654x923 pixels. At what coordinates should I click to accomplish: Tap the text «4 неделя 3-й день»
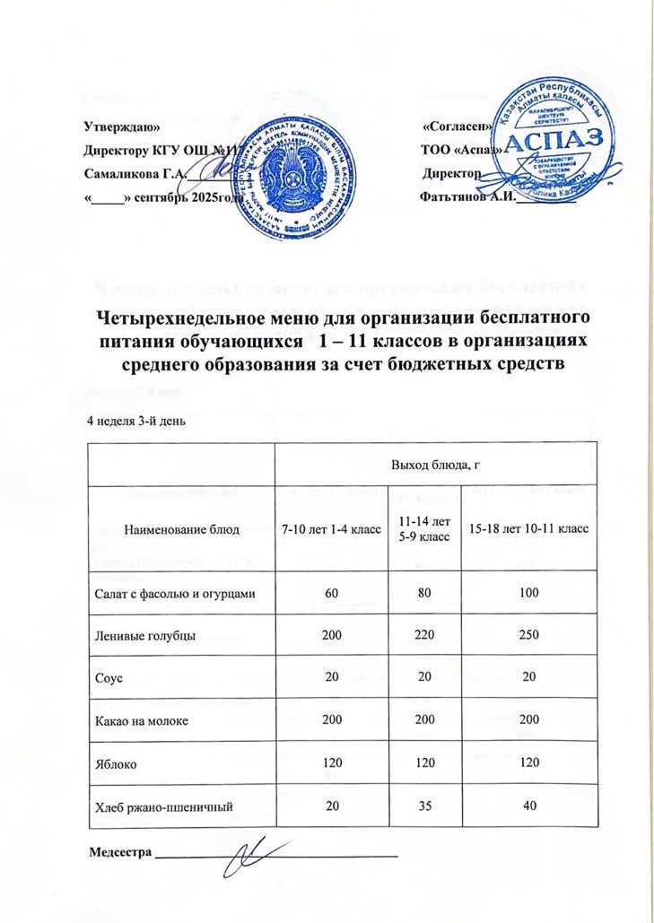[x=135, y=421]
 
